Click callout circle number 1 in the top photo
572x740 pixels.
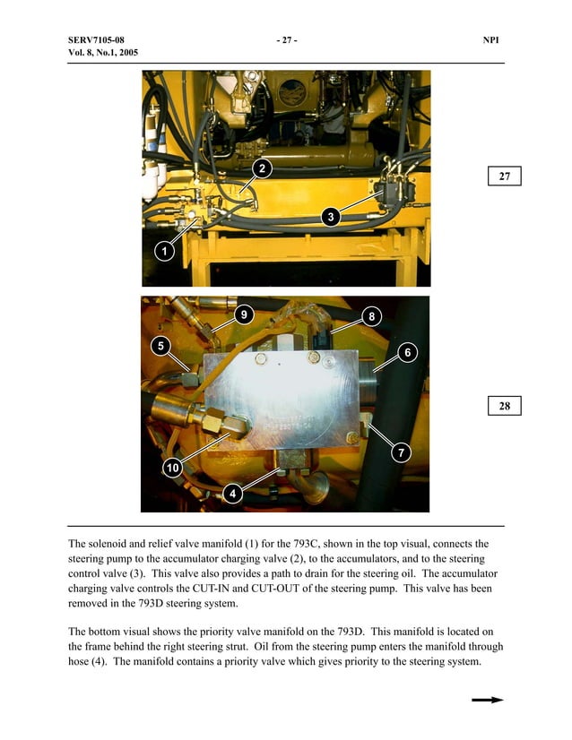(164, 251)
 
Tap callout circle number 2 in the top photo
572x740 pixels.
(261, 168)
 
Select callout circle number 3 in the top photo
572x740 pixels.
(331, 216)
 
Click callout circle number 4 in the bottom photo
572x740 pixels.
(233, 493)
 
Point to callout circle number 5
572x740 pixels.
(160, 346)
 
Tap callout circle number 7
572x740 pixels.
(403, 453)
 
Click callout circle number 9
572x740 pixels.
(244, 314)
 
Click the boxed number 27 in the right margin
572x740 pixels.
(505, 176)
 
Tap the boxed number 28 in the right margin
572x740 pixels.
(505, 406)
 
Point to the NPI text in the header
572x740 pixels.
(490, 41)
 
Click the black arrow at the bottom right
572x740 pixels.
(488, 701)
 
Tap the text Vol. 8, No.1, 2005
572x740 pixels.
(102, 53)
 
